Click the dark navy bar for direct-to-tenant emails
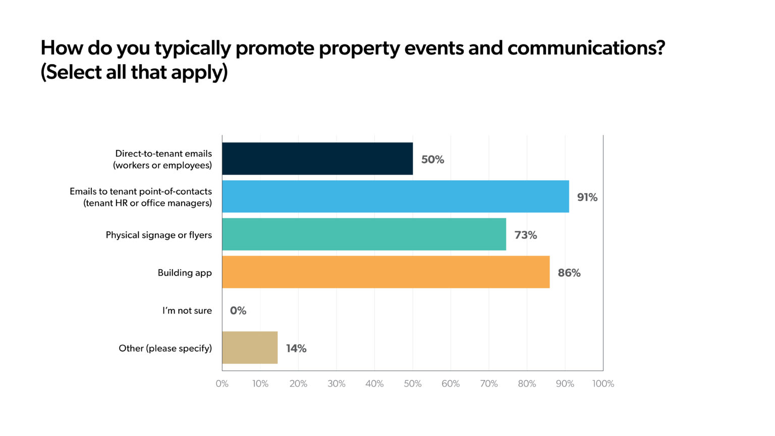point(317,158)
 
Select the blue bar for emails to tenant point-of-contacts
point(396,196)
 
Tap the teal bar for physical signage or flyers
point(364,234)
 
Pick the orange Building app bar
point(385,272)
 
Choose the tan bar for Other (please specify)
point(250,348)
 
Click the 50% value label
point(432,159)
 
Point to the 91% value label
point(587,197)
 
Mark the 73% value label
point(525,235)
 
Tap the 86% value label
point(569,273)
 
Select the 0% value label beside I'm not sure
point(238,311)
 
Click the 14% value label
point(296,349)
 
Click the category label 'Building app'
point(185,273)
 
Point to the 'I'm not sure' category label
point(187,311)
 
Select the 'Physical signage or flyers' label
point(158,235)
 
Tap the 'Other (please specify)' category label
point(165,349)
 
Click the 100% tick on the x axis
point(603,384)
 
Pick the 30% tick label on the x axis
point(336,384)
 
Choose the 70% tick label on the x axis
point(488,384)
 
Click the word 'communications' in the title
point(586,48)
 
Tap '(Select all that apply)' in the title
point(134,72)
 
